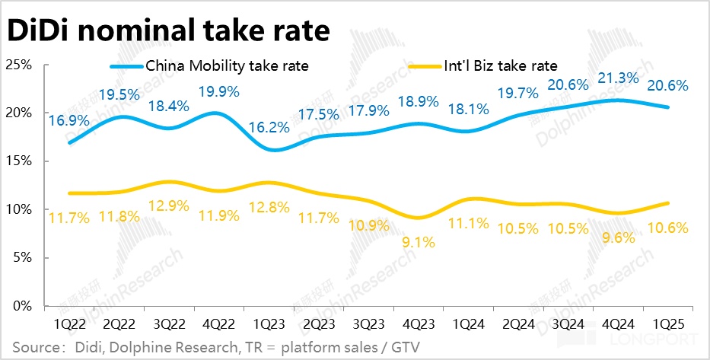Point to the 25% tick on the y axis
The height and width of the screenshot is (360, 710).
pyautogui.click(x=19, y=65)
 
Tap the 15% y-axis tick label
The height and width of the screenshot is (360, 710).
pyautogui.click(x=19, y=161)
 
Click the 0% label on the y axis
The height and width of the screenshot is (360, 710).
pyautogui.click(x=22, y=306)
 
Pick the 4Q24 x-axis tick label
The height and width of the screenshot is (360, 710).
pyautogui.click(x=617, y=323)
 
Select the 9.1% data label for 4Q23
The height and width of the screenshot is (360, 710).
pyautogui.click(x=416, y=243)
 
